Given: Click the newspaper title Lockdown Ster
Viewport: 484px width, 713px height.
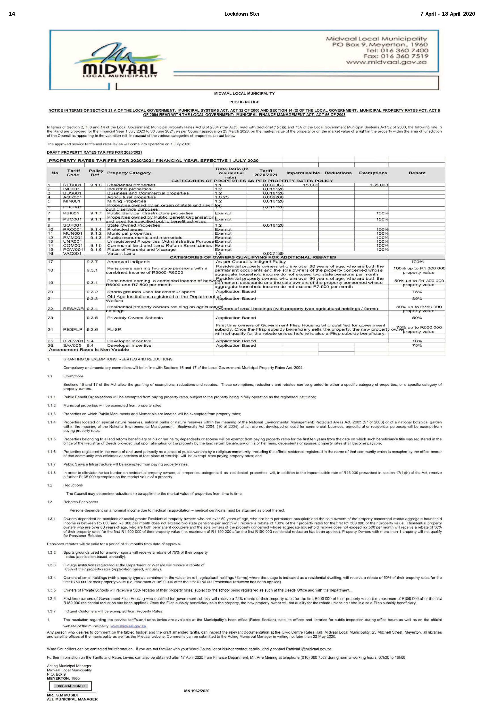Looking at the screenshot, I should click(242, 14).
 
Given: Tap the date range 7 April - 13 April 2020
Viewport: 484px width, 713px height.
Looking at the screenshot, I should click(448, 14).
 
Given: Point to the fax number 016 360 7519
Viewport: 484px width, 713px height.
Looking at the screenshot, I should click(396, 56).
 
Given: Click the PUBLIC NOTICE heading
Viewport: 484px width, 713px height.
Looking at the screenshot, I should click(244, 102).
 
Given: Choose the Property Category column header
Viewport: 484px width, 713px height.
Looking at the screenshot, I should click(129, 173).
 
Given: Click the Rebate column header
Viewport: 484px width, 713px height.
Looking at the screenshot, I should click(417, 173).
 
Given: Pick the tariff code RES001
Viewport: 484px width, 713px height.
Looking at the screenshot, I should click(72, 185).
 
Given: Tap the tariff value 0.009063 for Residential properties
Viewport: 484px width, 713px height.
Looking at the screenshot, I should click(273, 185).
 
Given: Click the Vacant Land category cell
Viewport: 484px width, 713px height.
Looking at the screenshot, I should click(121, 253).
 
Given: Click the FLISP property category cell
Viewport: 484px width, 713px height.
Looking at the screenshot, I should click(114, 330).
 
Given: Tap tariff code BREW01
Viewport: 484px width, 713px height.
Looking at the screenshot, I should click(73, 341).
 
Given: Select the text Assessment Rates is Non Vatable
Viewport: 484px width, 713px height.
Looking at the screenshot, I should click(89, 349).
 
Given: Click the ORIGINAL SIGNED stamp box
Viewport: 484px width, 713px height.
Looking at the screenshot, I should click(70, 686).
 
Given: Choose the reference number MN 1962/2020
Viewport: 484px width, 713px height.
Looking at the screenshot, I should click(197, 691).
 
